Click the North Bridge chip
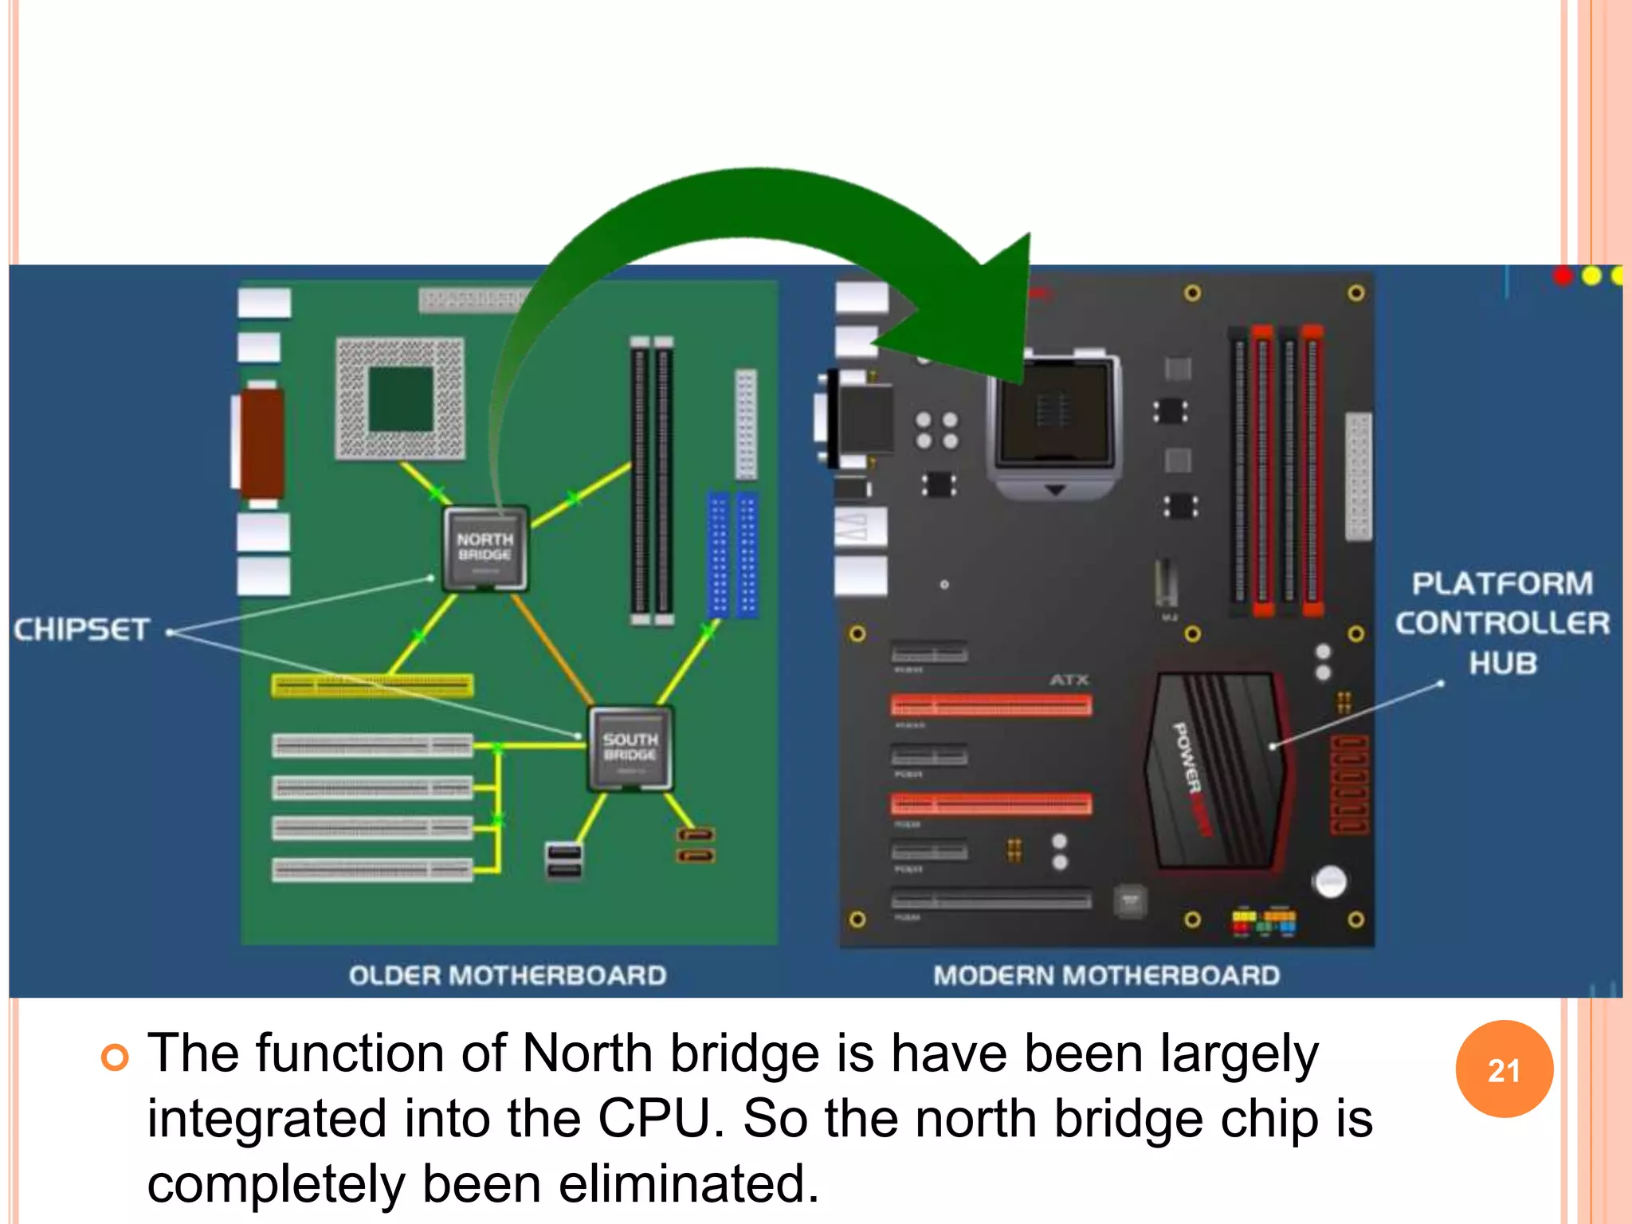click(x=485, y=548)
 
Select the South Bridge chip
click(x=630, y=748)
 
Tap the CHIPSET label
click(x=81, y=630)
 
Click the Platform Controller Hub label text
click(x=1502, y=623)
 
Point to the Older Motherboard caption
click(x=508, y=975)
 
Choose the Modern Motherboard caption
click(x=1107, y=975)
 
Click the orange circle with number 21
click(x=1504, y=1069)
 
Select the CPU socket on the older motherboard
click(x=400, y=398)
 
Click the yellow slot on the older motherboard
click(x=372, y=685)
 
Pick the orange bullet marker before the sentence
click(x=115, y=1057)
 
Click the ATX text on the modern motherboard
click(x=1069, y=680)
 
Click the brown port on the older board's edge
click(x=262, y=443)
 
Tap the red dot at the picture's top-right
click(x=1563, y=276)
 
